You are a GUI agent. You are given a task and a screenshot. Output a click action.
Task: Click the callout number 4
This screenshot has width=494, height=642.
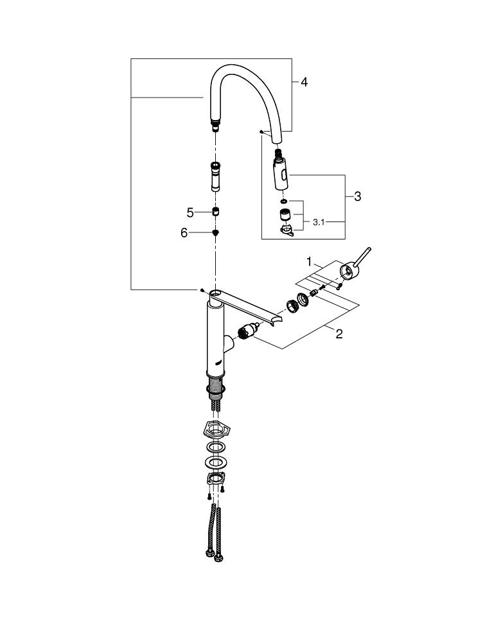tap(304, 82)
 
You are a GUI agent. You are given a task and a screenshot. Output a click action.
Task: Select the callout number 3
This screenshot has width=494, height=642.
tap(357, 196)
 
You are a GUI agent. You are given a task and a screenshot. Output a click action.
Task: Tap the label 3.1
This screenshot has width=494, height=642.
tap(320, 223)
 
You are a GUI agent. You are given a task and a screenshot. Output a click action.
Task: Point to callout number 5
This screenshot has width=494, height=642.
tap(190, 213)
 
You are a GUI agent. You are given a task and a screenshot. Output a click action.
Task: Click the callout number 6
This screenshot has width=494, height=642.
tap(184, 233)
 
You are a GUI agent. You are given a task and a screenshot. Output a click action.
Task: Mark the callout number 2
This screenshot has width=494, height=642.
tap(339, 333)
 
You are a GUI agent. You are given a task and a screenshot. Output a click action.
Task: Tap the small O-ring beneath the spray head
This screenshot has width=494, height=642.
tap(283, 201)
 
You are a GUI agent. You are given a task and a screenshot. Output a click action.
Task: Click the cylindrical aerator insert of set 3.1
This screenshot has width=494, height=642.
tap(283, 215)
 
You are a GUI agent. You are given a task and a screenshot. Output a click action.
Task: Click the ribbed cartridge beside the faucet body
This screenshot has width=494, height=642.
tap(247, 332)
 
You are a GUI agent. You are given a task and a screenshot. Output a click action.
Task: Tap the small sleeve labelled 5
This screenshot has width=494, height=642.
tap(216, 213)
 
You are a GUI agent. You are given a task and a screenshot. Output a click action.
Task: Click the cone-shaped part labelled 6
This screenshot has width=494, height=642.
tap(216, 233)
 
